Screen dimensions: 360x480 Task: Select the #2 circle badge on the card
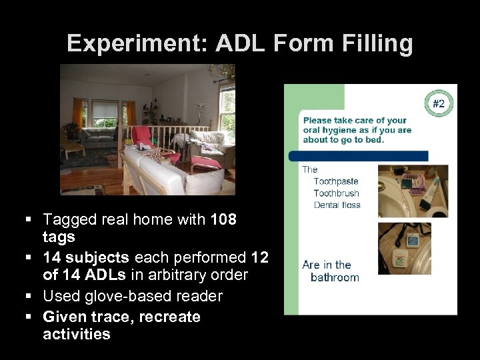pos(439,103)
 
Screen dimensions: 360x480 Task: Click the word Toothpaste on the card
pos(335,181)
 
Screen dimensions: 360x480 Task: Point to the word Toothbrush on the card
pos(336,193)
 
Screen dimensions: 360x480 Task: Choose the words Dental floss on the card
pos(337,205)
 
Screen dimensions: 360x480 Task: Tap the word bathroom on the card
pos(335,277)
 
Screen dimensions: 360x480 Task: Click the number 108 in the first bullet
pos(223,219)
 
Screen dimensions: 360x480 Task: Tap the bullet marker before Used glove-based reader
pos(33,296)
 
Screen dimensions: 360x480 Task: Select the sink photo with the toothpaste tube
pos(413,191)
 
